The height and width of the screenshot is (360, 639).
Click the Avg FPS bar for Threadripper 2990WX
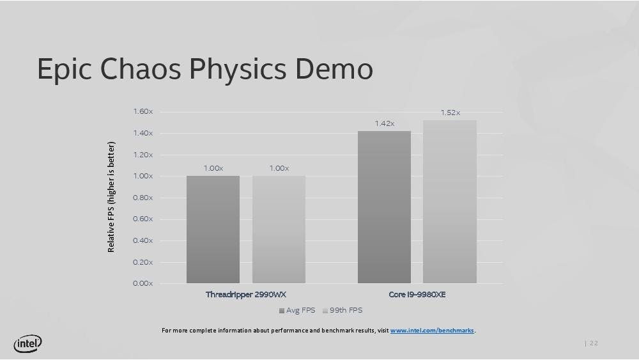[x=213, y=230]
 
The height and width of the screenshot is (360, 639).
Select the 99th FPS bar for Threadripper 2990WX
[x=279, y=230]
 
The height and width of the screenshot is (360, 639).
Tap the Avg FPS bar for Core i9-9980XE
[x=384, y=207]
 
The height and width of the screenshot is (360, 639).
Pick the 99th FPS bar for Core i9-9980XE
[x=449, y=202]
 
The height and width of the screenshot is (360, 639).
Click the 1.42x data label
[x=385, y=123]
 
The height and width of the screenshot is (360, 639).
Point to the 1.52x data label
[x=450, y=113]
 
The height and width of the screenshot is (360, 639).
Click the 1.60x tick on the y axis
[x=143, y=111]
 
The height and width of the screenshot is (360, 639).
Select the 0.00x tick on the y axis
[x=143, y=283]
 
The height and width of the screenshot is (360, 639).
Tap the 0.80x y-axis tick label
[x=143, y=198]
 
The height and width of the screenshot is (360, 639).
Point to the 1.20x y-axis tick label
[x=143, y=155]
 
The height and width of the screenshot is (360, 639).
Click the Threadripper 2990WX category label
[x=246, y=294]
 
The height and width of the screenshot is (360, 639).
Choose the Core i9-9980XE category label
[x=417, y=294]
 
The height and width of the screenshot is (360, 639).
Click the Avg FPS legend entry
[x=297, y=310]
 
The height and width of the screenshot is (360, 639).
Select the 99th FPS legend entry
[x=343, y=310]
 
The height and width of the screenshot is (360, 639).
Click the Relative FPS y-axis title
[x=111, y=197]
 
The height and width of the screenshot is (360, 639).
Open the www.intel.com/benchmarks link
[x=432, y=330]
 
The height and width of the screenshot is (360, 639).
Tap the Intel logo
[x=27, y=343]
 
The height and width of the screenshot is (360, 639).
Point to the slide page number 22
[x=594, y=343]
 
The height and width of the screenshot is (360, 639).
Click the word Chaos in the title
[x=140, y=68]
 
